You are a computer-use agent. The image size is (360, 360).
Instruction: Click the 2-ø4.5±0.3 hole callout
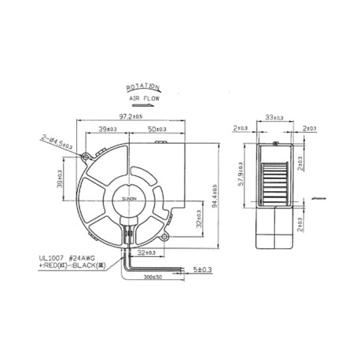55,142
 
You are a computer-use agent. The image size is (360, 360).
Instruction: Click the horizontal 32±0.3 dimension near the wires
145,254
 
